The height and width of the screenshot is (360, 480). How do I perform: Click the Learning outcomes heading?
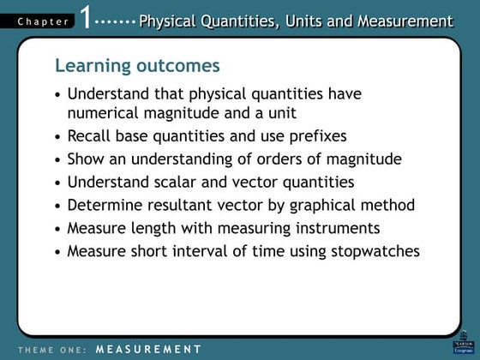[x=136, y=66]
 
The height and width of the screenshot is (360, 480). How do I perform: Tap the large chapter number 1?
[x=87, y=18]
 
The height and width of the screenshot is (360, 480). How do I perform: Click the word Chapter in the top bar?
[x=40, y=21]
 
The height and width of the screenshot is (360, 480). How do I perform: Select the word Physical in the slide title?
[x=170, y=21]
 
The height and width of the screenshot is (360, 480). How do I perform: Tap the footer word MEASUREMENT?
[x=148, y=349]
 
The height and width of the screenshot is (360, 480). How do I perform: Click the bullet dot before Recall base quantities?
[x=57, y=136]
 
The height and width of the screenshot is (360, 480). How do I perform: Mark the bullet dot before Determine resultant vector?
[x=57, y=206]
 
